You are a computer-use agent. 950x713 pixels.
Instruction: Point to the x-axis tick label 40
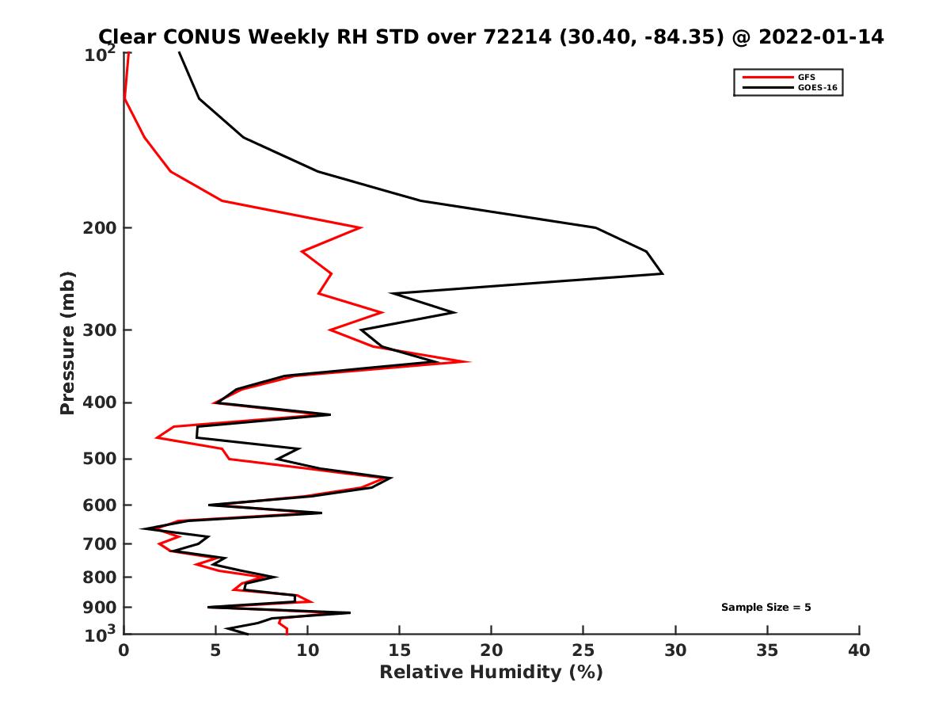point(859,650)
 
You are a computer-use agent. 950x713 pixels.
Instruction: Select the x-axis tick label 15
point(400,650)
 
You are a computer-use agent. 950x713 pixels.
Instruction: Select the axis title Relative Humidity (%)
point(491,673)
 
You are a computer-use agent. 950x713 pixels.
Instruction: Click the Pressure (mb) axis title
point(67,342)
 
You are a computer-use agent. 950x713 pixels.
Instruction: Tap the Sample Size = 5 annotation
point(766,608)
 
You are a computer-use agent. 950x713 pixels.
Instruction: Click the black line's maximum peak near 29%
point(662,273)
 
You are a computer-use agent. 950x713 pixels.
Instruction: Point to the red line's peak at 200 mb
point(362,228)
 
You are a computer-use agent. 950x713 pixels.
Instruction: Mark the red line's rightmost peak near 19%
point(470,361)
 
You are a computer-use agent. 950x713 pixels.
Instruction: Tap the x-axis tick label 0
point(124,650)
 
